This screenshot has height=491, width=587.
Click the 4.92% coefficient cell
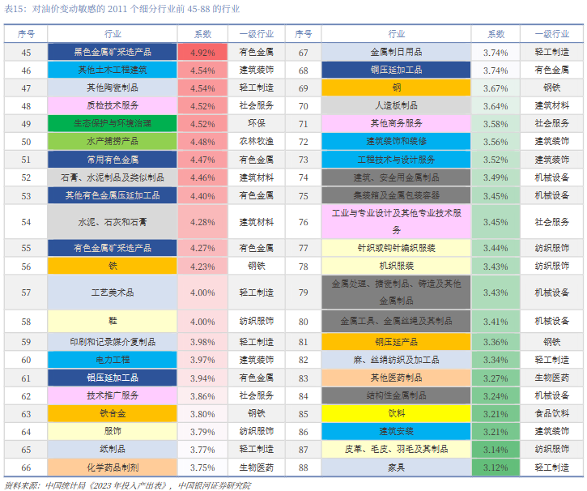coord(202,52)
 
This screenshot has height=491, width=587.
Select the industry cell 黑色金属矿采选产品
coord(113,52)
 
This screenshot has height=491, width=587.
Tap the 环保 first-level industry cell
coord(257,124)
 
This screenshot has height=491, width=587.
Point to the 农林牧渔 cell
coord(257,142)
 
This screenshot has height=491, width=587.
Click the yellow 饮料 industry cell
coord(396,413)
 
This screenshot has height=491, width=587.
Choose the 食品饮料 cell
coord(552,413)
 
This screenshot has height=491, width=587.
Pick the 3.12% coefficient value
coord(496,468)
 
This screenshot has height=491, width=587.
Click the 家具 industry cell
coord(396,468)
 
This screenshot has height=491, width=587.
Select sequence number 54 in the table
coord(26,222)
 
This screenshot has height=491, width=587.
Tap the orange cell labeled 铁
coord(113,266)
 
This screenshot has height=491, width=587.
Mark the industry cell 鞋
coord(113,321)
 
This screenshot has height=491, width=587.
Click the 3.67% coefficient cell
coord(496,88)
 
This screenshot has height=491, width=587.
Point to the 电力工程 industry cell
coord(113,360)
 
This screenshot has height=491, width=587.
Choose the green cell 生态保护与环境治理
coord(113,124)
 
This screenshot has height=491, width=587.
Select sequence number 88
coord(304,468)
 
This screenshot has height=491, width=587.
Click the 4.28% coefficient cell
coord(202,222)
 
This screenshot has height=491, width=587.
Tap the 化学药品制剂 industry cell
coord(113,468)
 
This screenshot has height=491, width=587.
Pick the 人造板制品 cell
coord(396,106)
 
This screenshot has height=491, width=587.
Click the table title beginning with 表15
coord(122,9)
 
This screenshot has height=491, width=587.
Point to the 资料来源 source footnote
coord(127,485)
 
